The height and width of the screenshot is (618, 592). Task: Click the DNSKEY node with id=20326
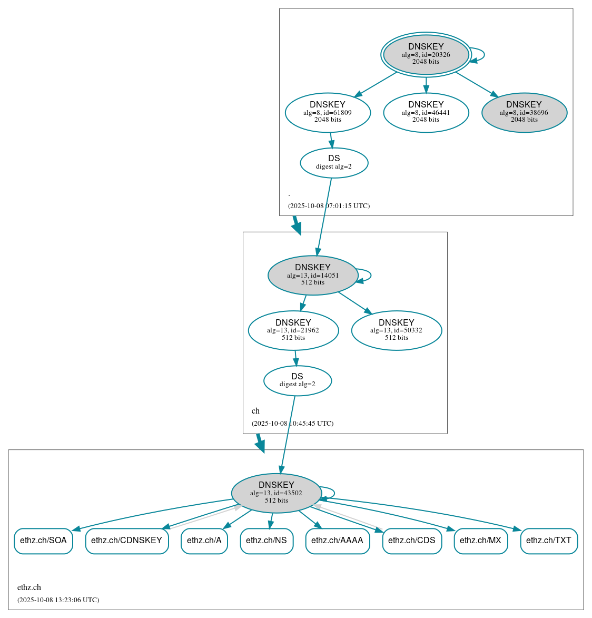(x=426, y=54)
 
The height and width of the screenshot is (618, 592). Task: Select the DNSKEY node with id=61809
(x=328, y=112)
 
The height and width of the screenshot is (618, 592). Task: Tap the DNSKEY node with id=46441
(x=426, y=112)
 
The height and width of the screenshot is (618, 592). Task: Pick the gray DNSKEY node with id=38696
(x=524, y=112)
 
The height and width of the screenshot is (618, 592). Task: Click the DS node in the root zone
(x=334, y=163)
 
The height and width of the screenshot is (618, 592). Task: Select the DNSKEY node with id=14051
(x=313, y=275)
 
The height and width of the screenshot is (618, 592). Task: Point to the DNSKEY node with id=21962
(x=293, y=330)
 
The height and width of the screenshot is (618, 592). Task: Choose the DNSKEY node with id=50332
(x=396, y=330)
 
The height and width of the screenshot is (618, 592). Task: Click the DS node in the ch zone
(x=298, y=380)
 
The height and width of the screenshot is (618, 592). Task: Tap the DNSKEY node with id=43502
(x=277, y=493)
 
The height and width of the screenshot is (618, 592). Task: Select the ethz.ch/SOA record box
(x=43, y=541)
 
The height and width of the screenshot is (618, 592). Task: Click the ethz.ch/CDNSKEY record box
(x=127, y=541)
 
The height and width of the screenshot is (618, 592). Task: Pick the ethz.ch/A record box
(x=204, y=541)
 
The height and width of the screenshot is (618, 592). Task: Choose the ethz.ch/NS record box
(x=267, y=541)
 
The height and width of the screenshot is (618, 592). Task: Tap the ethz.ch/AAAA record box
(x=338, y=541)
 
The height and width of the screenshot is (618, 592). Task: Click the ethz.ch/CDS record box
(x=412, y=541)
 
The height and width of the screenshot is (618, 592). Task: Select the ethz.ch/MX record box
(x=481, y=541)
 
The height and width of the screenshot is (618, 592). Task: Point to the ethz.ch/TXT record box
(x=549, y=541)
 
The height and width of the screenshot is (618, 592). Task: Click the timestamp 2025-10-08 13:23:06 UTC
(x=58, y=600)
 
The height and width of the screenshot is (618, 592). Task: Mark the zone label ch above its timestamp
(x=255, y=411)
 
